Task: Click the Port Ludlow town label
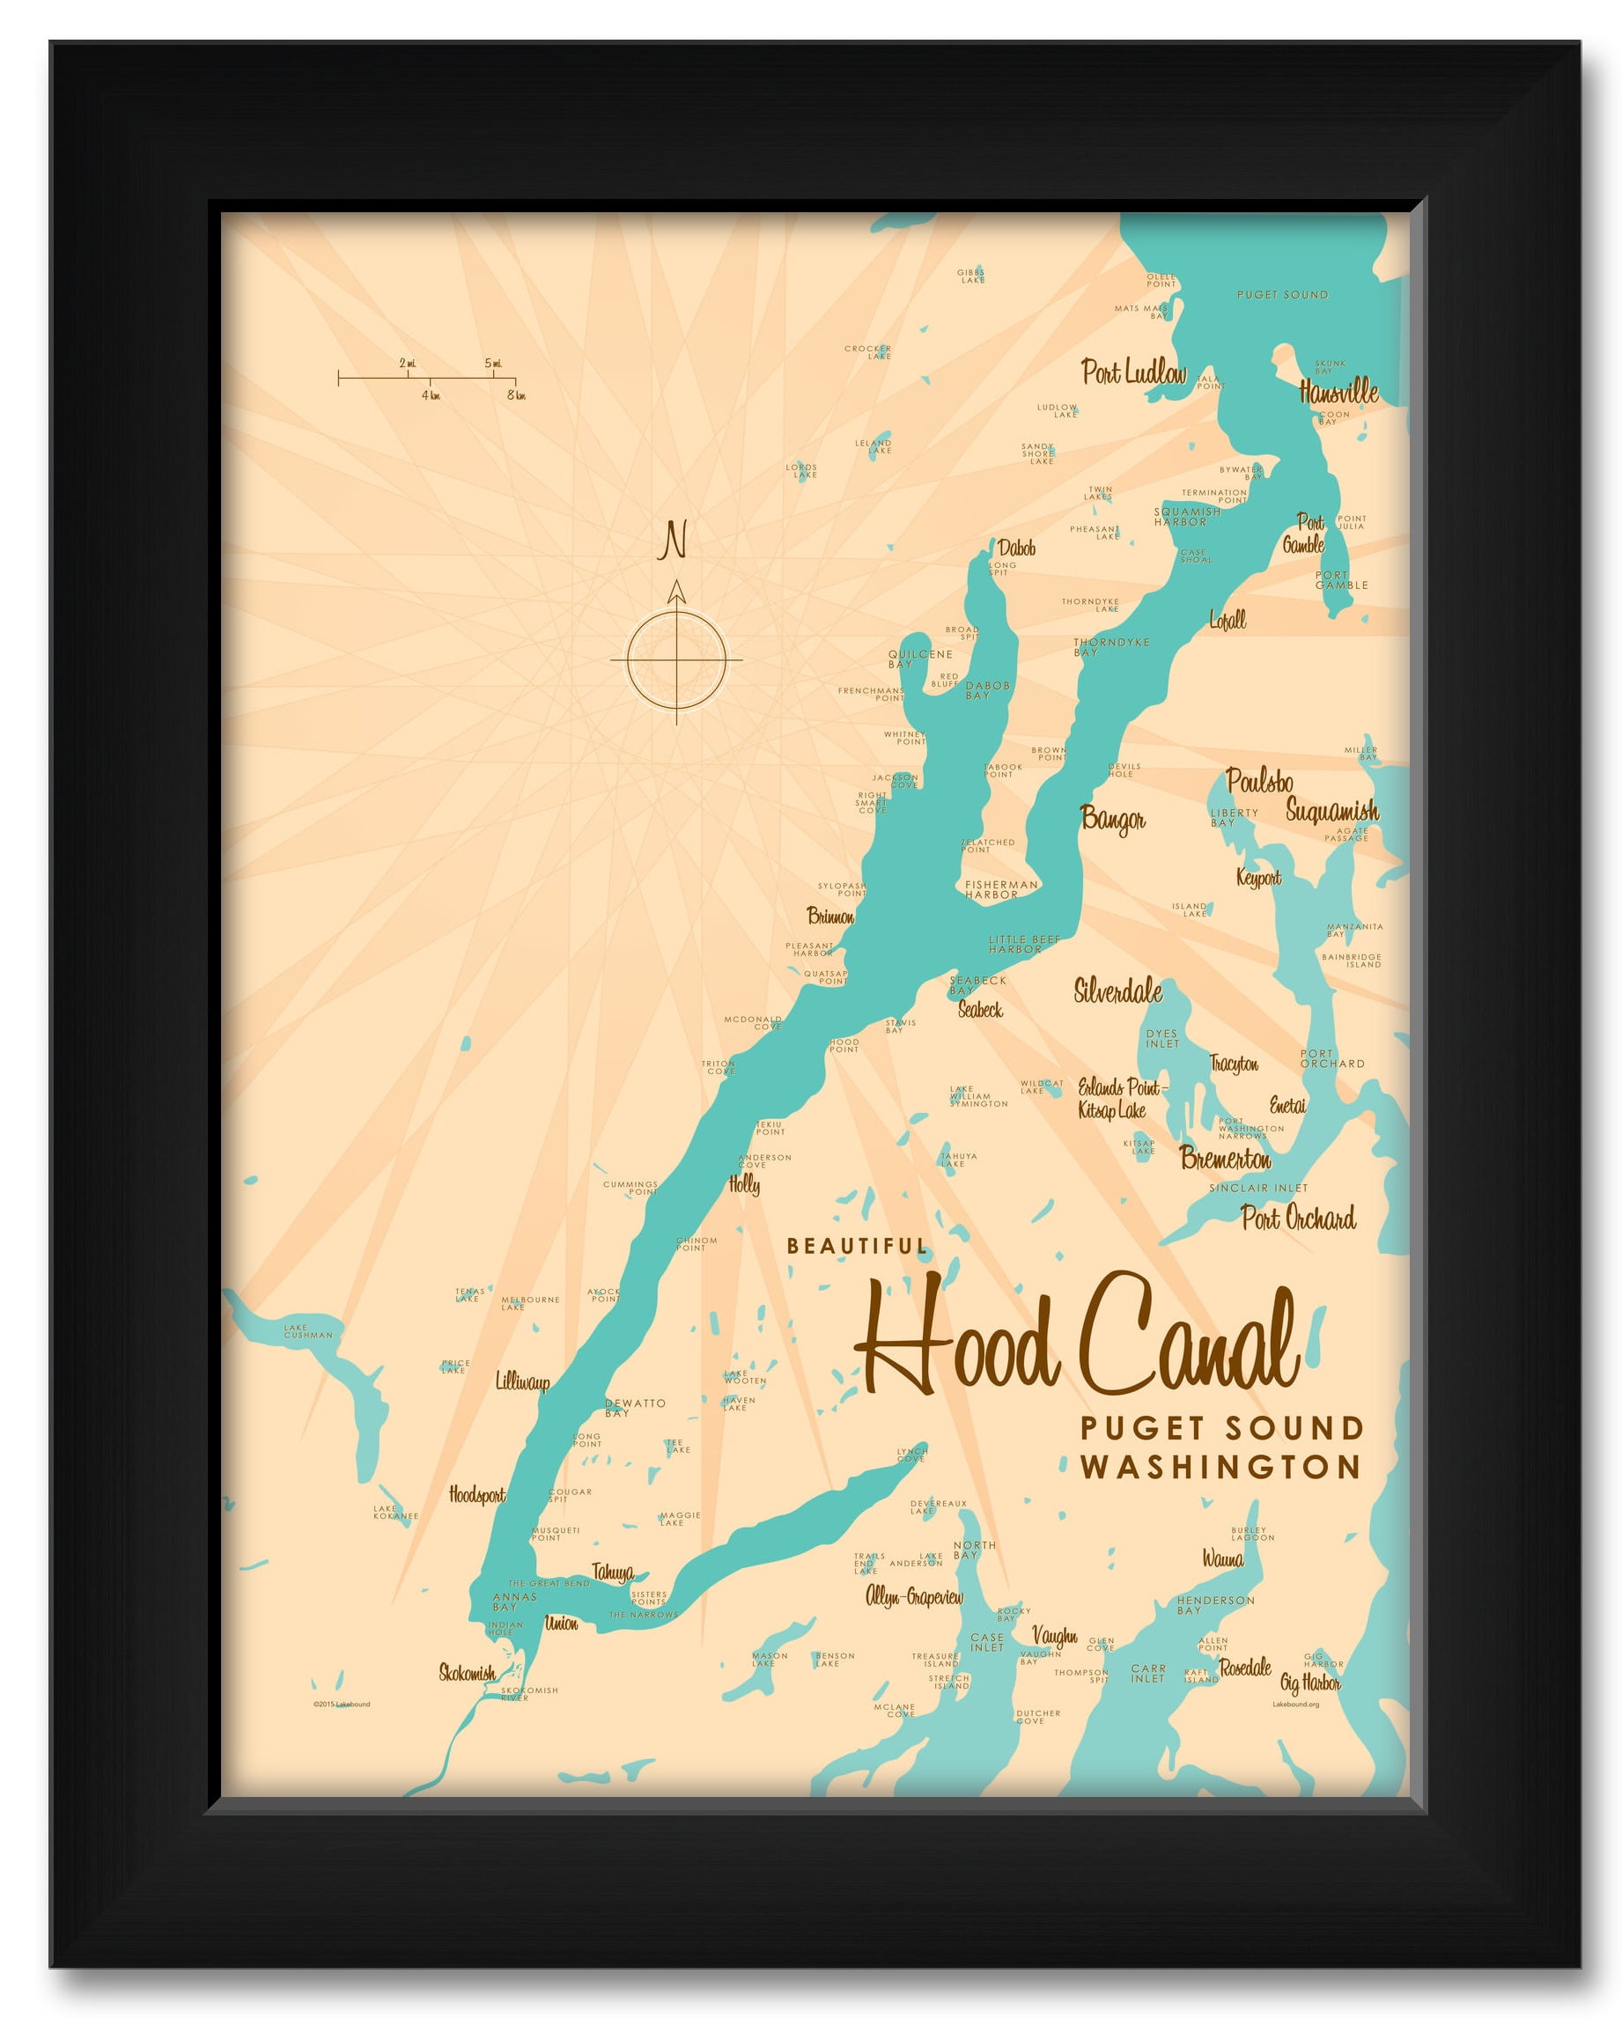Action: (x=1132, y=372)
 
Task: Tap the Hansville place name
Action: (x=1338, y=391)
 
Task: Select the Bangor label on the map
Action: (x=1112, y=819)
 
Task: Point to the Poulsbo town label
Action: (x=1259, y=781)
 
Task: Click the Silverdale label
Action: (x=1117, y=991)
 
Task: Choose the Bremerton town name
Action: (x=1225, y=1159)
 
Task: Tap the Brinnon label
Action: (x=830, y=916)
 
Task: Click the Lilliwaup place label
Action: (x=522, y=1381)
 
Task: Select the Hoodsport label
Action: (x=476, y=1495)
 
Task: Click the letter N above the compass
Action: (x=673, y=540)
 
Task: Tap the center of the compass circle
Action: (x=676, y=659)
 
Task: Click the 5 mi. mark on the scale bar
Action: (x=493, y=363)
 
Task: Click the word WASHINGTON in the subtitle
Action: (x=1220, y=1467)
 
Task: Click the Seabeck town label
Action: (x=980, y=1009)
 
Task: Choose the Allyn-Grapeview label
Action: (x=913, y=1597)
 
